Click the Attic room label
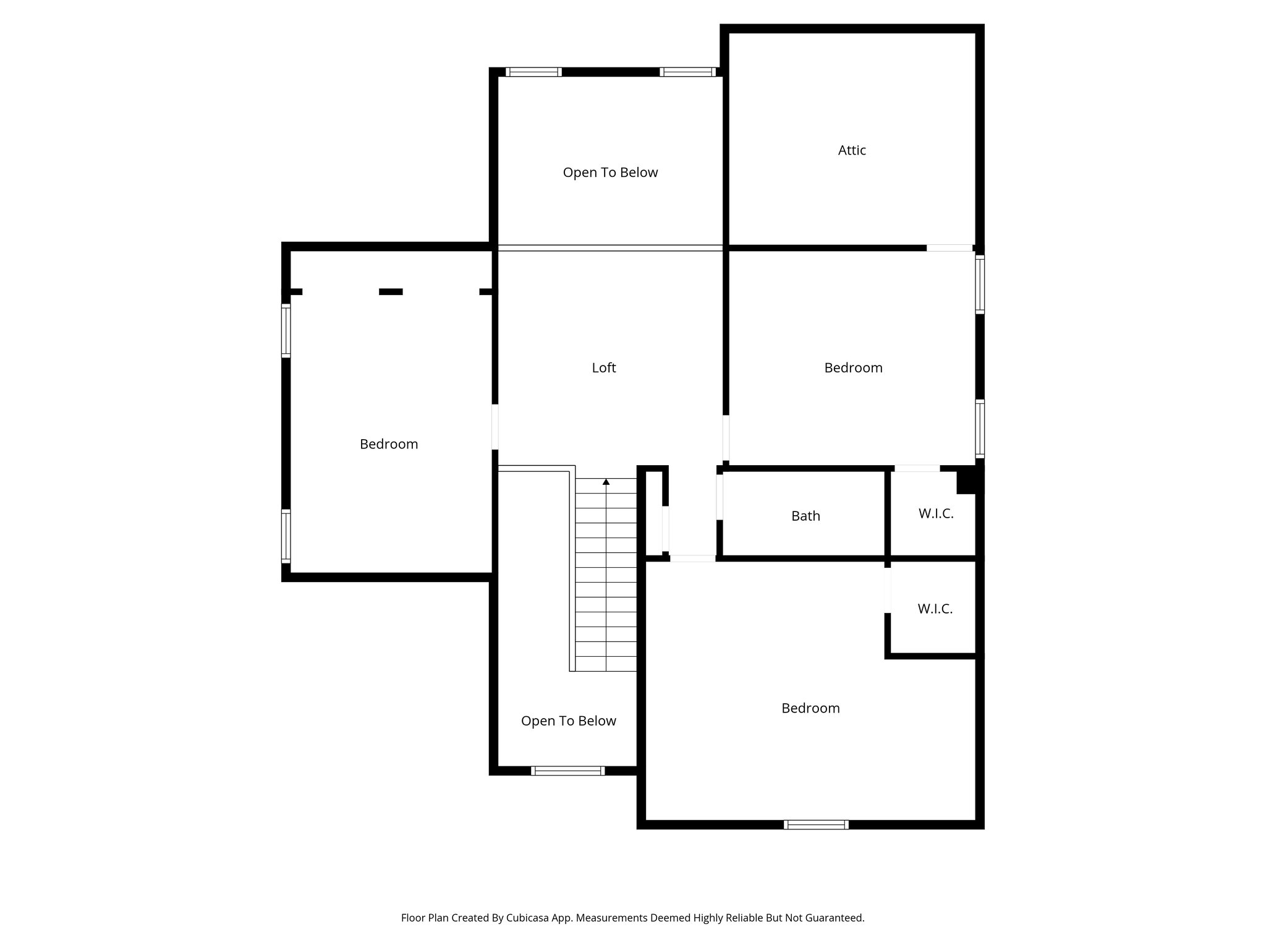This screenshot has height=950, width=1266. pos(851,150)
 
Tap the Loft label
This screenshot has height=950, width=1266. pos(603,368)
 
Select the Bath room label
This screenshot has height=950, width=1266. pos(805,516)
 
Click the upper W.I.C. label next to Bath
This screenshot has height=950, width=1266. pos(936,513)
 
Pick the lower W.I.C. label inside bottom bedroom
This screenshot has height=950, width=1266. pos(935,609)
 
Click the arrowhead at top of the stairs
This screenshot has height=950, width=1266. pos(606,481)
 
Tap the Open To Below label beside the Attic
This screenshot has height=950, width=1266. pos(610,173)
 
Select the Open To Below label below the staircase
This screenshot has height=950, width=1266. pos(568,721)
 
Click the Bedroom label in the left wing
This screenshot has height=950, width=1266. pos(389,444)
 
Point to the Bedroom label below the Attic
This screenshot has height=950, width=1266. pos(853,368)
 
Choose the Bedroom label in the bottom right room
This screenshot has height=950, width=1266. pos(810,708)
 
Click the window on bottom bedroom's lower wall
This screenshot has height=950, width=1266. pos(816,824)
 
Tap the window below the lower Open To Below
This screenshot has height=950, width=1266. pos(567,771)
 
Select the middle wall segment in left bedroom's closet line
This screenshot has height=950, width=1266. pos(391,292)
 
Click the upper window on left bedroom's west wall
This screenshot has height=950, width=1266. pos(286,330)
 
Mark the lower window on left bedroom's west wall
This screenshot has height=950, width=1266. pos(286,536)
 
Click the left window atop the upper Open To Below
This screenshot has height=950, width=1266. pos(533,72)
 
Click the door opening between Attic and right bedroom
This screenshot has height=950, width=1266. pos(949,248)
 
